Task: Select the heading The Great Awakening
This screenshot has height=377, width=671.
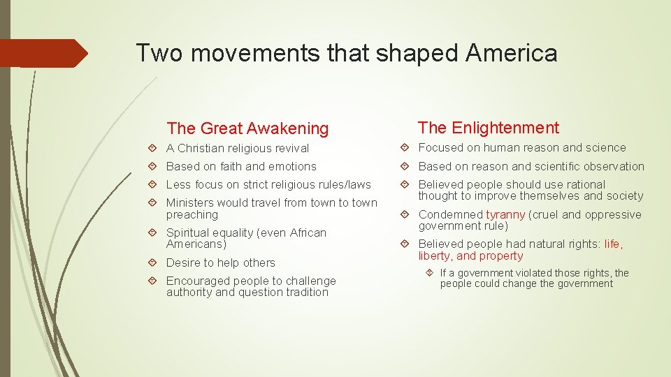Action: click(x=247, y=128)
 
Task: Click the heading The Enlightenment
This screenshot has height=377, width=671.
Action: click(x=489, y=128)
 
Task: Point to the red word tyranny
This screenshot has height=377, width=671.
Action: click(x=505, y=215)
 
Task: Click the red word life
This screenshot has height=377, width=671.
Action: click(x=612, y=244)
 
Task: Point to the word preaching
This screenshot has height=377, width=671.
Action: click(x=192, y=214)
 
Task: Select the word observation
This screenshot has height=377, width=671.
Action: click(x=609, y=166)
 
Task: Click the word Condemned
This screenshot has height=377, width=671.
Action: click(x=451, y=215)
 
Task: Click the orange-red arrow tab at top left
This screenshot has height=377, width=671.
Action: click(x=42, y=53)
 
